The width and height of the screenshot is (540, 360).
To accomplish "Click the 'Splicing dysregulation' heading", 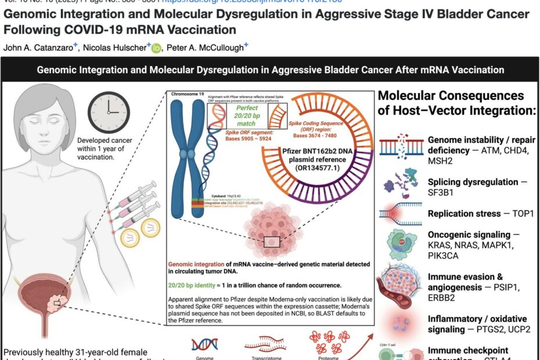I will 473,182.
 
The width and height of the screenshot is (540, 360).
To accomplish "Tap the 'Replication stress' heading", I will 464,214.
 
